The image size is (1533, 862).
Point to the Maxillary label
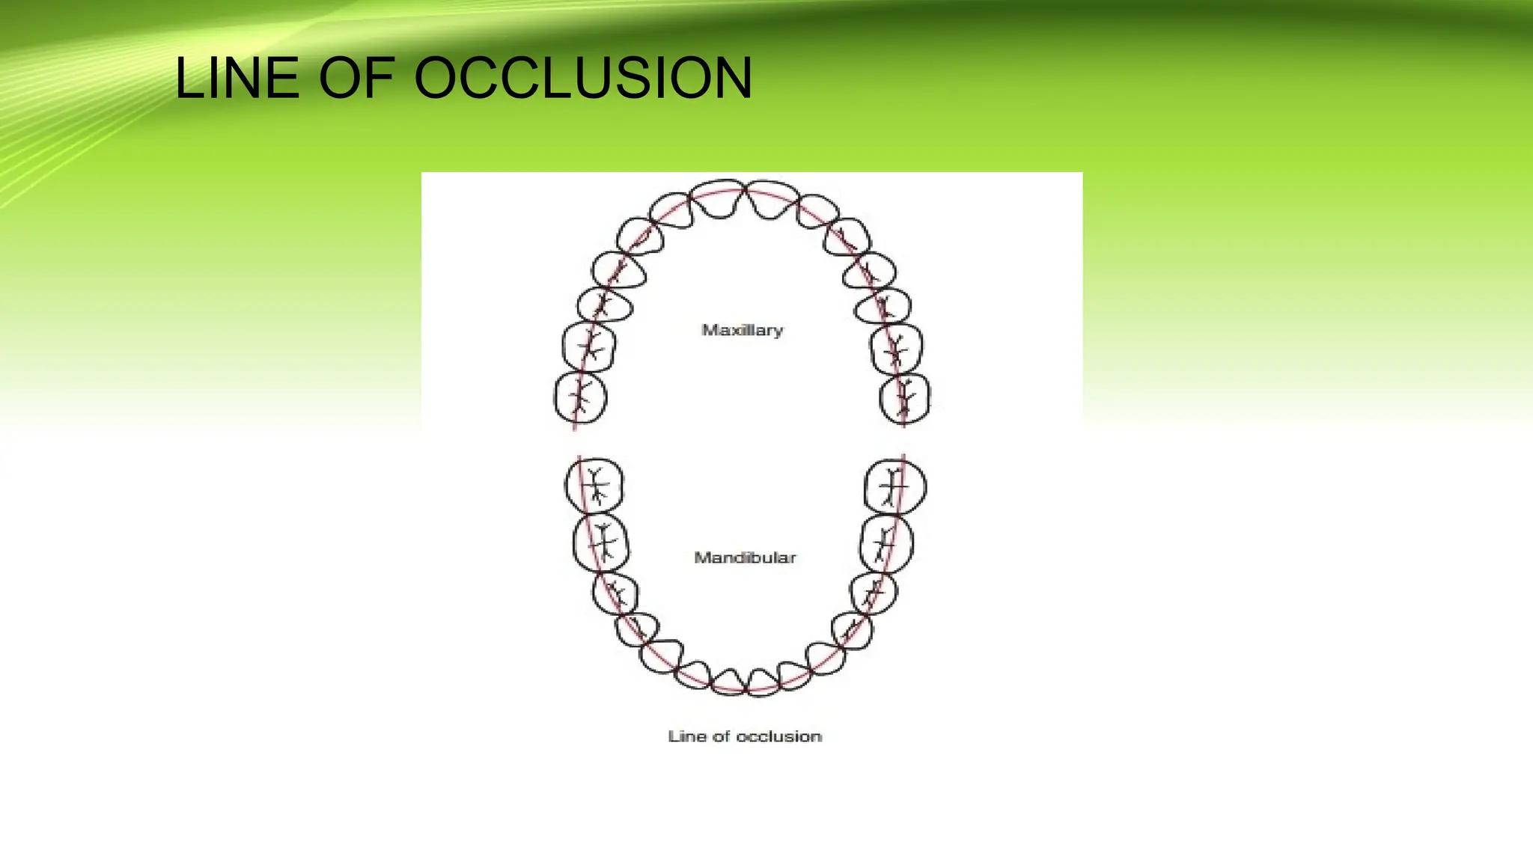(x=742, y=330)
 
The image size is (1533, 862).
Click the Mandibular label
(x=745, y=557)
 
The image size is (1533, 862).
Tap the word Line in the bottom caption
(x=687, y=736)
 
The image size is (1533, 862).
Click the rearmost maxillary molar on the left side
(x=580, y=397)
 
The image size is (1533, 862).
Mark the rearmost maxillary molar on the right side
(x=905, y=399)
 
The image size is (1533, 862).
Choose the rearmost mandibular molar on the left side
(x=594, y=486)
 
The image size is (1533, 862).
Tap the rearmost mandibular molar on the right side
(x=894, y=487)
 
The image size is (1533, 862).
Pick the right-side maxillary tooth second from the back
(x=897, y=349)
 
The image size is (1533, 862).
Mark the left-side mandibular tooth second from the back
(x=600, y=542)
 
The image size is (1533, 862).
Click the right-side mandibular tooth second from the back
(x=887, y=542)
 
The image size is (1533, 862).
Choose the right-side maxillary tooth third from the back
(x=883, y=305)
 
